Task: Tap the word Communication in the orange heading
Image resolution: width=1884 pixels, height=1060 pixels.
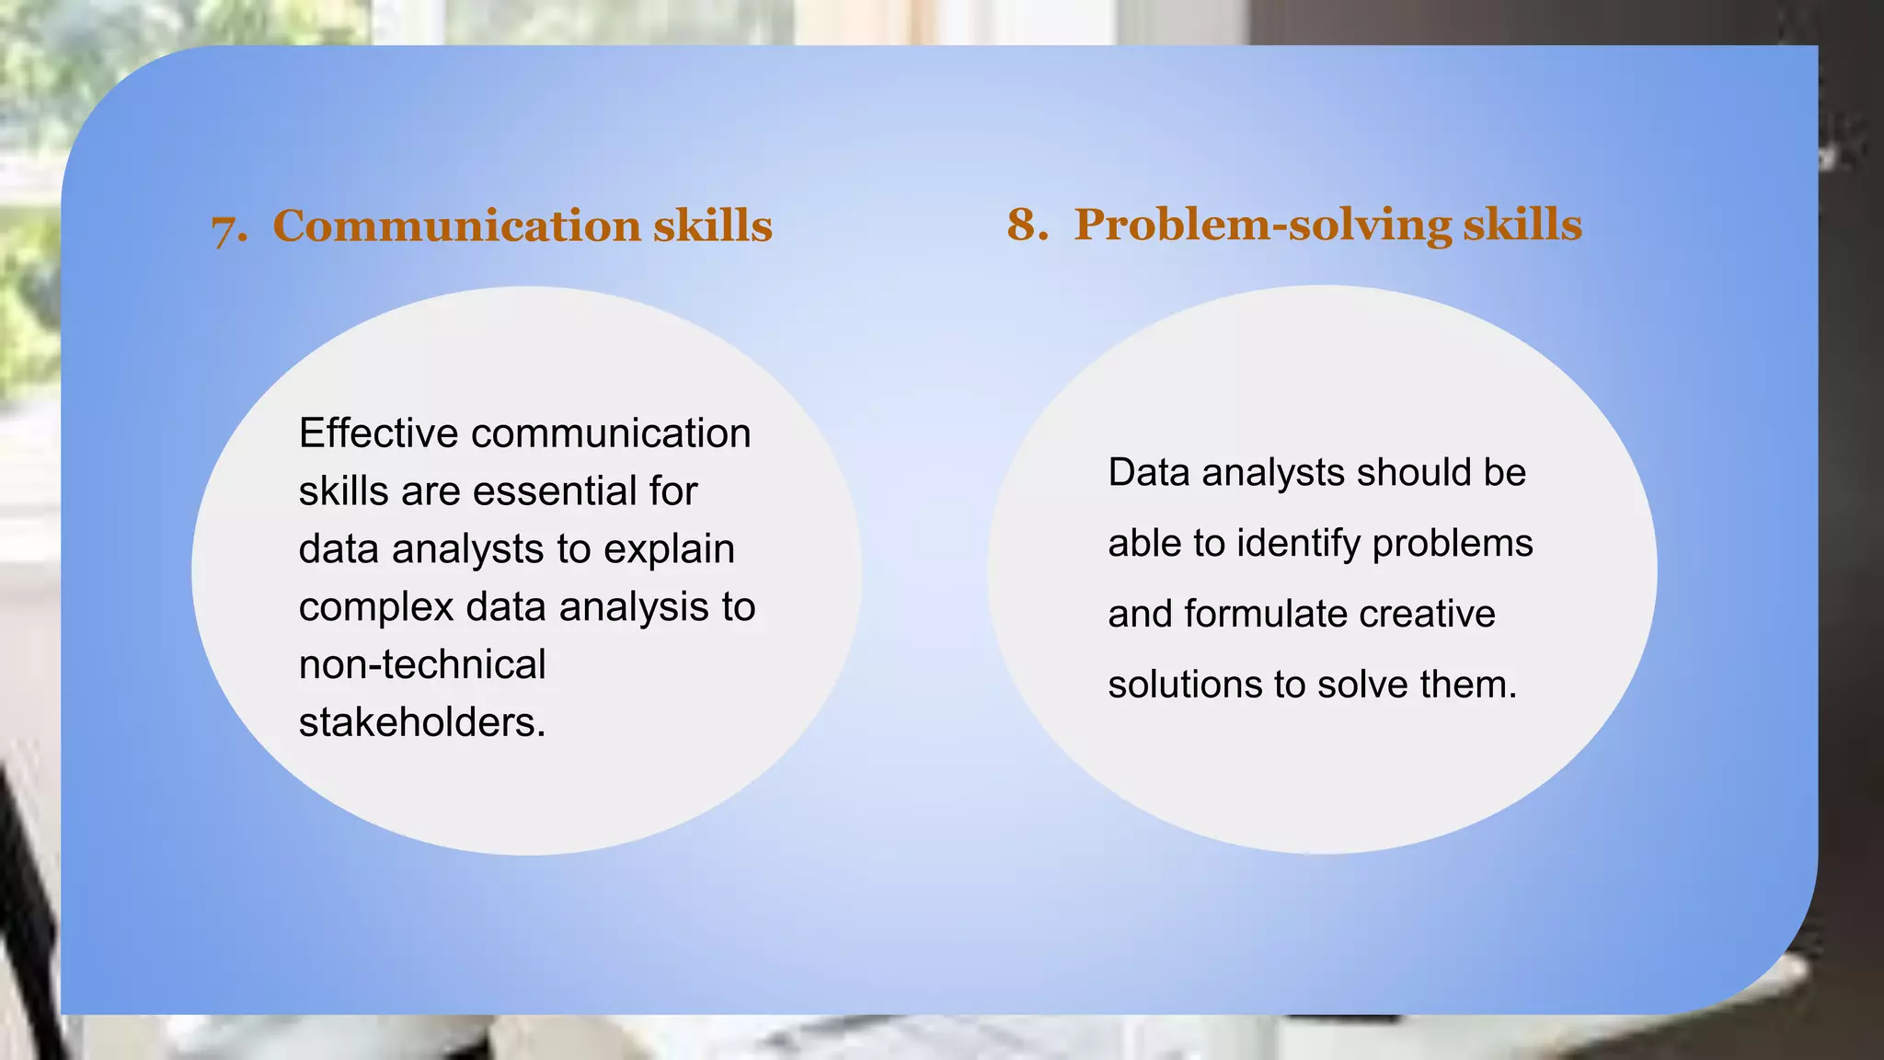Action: [456, 225]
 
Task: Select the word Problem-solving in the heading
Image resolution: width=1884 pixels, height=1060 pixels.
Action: [1263, 225]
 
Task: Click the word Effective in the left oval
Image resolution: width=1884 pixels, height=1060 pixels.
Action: [378, 433]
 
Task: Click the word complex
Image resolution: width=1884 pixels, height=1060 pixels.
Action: [376, 608]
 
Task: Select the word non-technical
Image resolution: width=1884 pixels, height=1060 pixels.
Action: [422, 664]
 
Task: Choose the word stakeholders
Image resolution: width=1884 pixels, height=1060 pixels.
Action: [422, 722]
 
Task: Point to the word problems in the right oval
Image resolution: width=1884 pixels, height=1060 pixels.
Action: [1453, 544]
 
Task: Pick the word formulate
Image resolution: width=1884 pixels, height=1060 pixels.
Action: [1266, 614]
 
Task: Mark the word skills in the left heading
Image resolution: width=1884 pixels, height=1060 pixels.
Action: [713, 225]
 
